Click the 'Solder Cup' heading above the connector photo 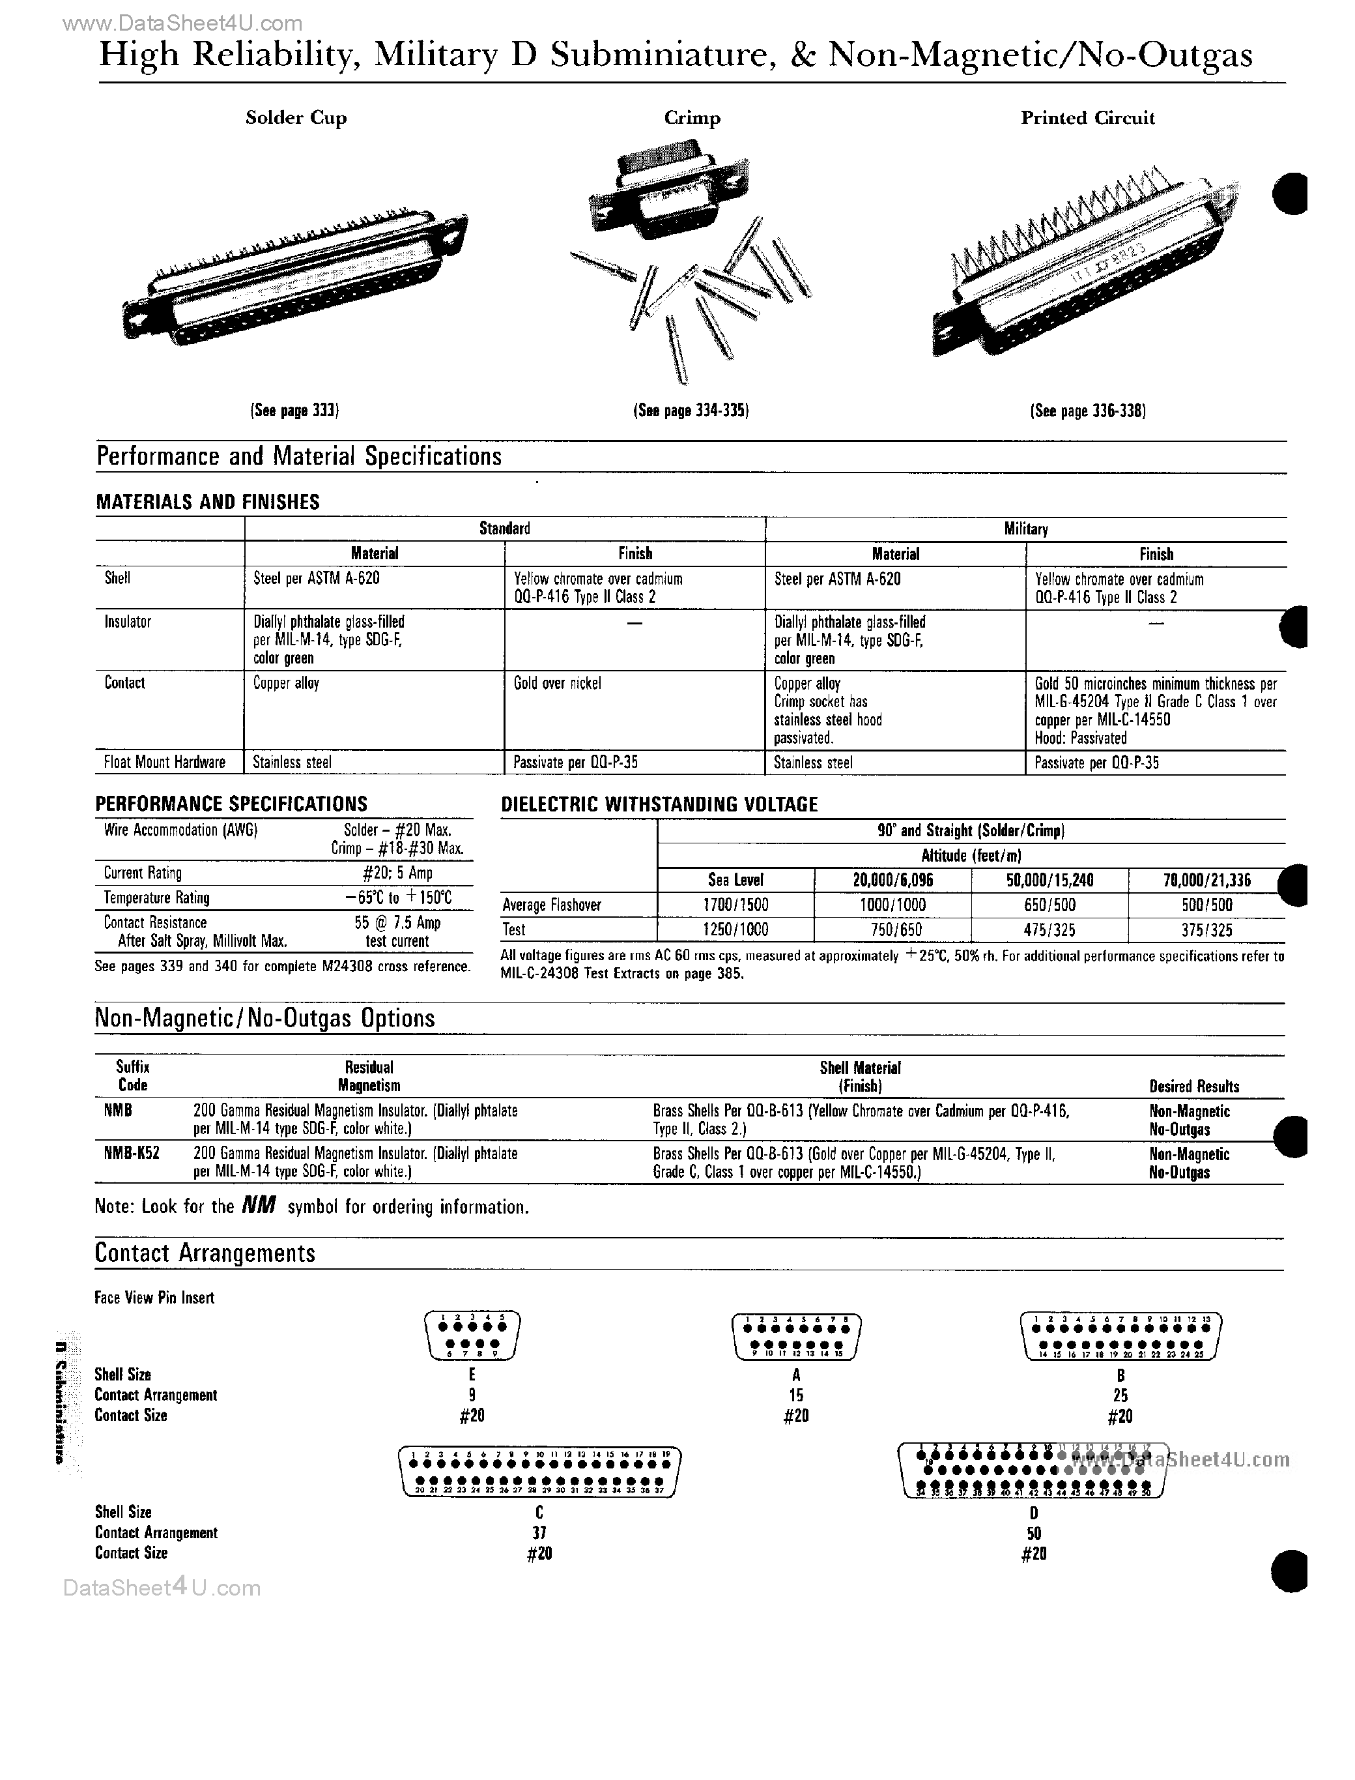(296, 118)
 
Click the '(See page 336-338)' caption (1088, 411)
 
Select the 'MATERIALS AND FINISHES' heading (207, 502)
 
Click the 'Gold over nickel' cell (558, 684)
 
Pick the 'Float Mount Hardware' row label (165, 763)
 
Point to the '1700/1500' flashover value (735, 905)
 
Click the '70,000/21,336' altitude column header (1206, 881)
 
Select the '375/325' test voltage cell (1206, 930)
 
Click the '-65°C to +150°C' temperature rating (397, 898)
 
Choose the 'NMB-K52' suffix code (132, 1154)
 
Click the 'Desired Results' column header (1193, 1086)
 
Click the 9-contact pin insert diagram (472, 1336)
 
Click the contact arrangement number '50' (1033, 1533)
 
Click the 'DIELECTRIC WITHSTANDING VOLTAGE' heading (659, 804)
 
